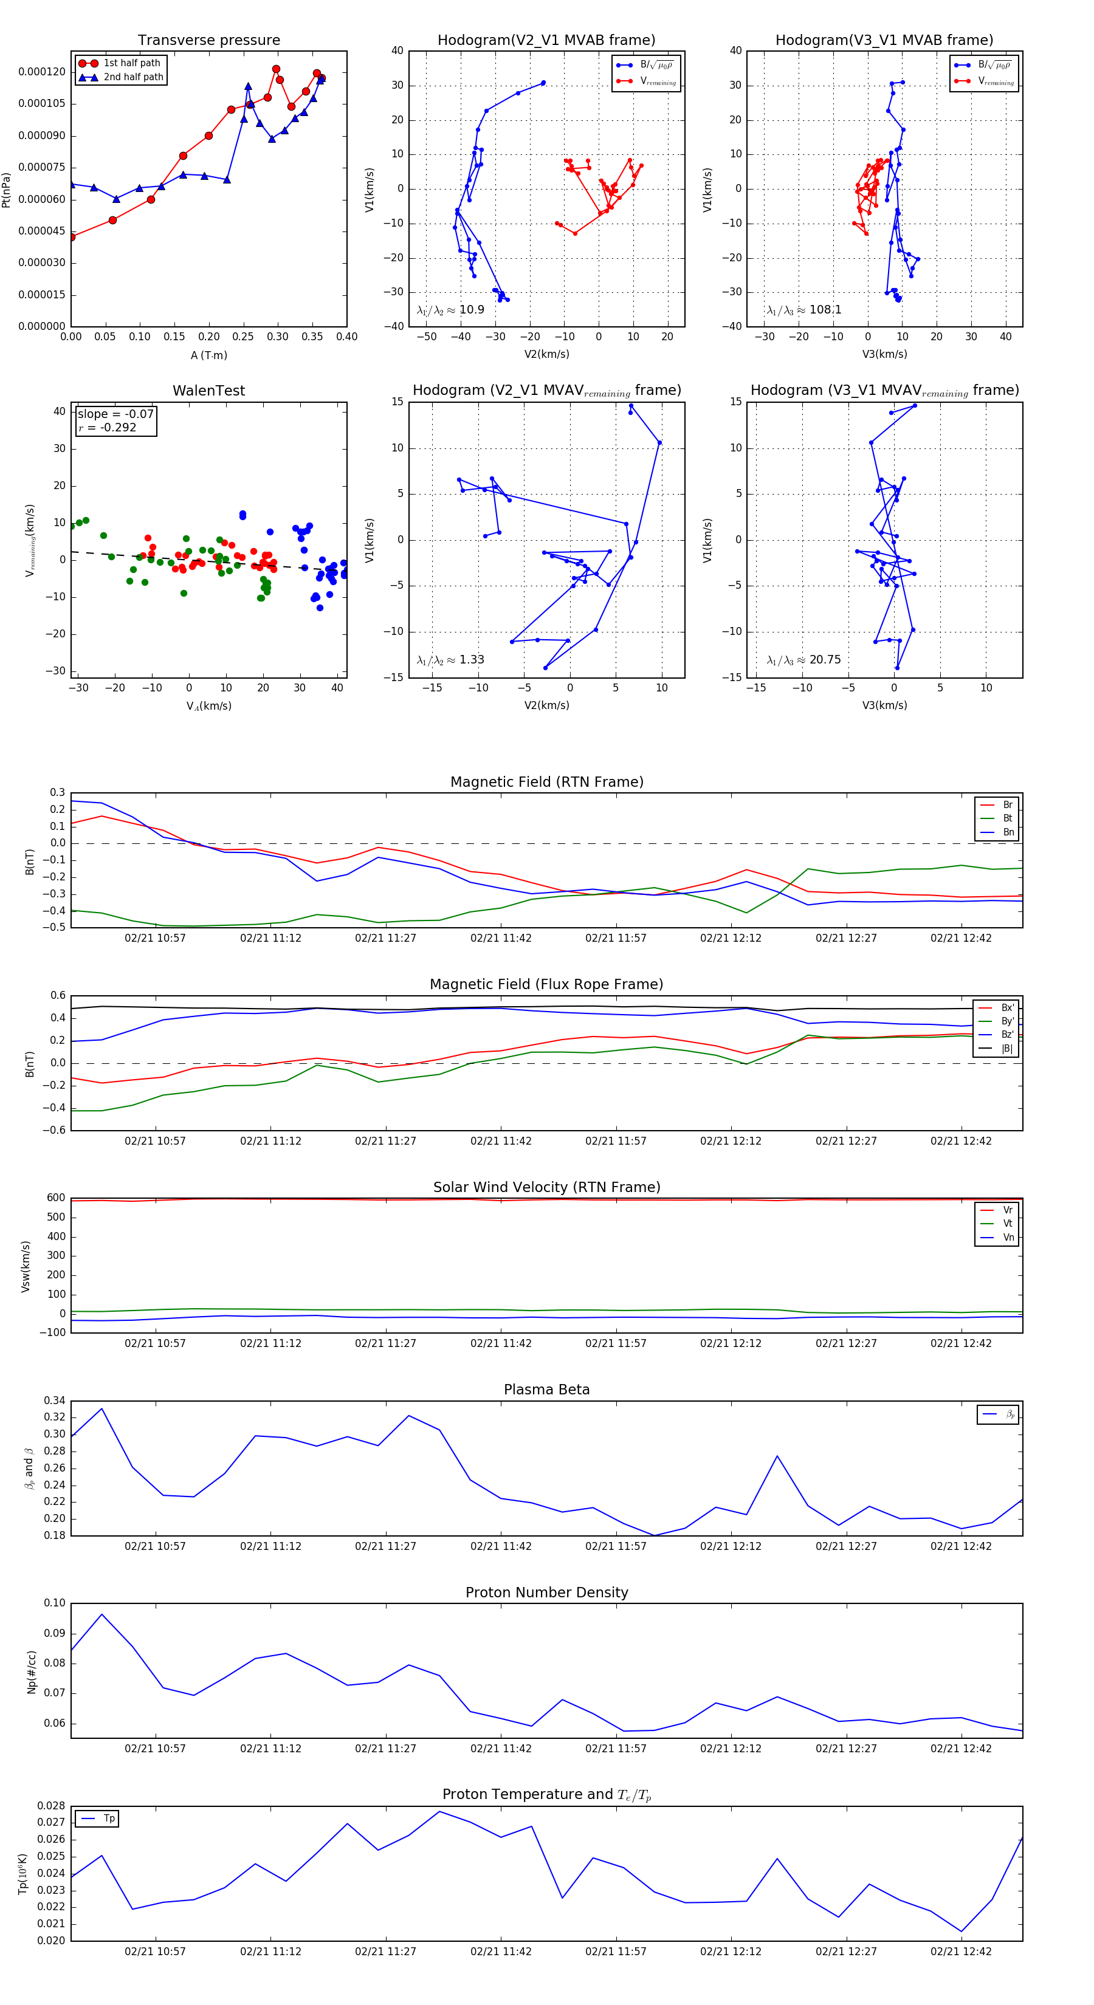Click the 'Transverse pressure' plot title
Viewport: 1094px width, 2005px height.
(208, 41)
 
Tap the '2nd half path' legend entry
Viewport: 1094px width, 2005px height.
(133, 77)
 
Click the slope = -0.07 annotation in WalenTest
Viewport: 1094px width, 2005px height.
(115, 414)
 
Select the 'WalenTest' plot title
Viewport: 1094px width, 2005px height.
(208, 391)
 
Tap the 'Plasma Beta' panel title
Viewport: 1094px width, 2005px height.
(546, 1390)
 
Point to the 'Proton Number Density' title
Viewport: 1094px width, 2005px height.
(546, 1592)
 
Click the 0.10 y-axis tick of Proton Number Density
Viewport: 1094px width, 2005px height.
(55, 1603)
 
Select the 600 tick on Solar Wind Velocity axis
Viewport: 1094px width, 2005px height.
(56, 1198)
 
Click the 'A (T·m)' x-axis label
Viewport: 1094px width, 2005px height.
(208, 355)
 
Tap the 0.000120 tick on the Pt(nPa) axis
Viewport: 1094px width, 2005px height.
(42, 72)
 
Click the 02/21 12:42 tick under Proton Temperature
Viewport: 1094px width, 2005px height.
(961, 1952)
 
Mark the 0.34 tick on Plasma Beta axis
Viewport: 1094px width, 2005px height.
(55, 1400)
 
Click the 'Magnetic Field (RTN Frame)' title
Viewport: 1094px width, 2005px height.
(546, 782)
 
